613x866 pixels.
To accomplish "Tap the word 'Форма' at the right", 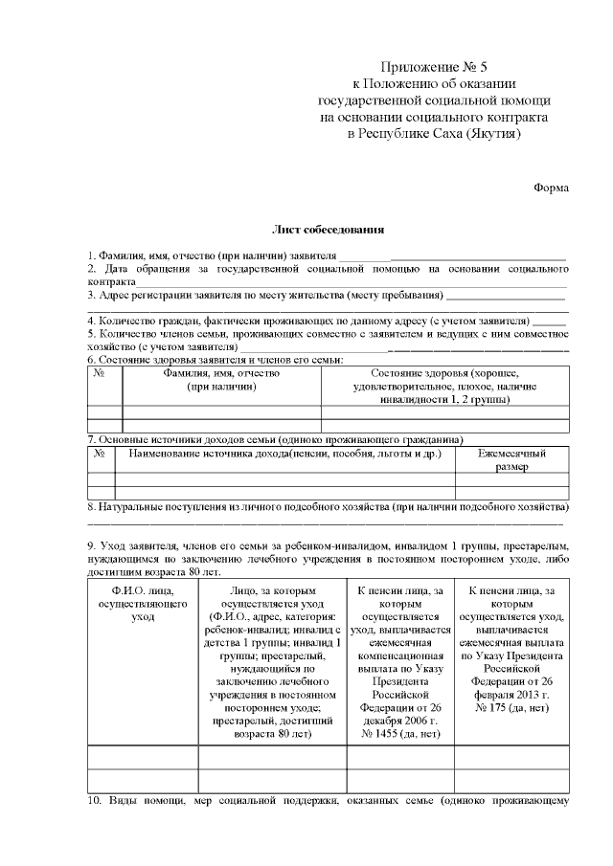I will click(551, 188).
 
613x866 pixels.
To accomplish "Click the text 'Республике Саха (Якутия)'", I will click(434, 133).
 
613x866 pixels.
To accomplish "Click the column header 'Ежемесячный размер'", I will click(511, 460).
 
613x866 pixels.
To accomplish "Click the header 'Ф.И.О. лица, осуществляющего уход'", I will click(142, 605).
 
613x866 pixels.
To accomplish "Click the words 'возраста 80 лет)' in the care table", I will click(272, 733).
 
